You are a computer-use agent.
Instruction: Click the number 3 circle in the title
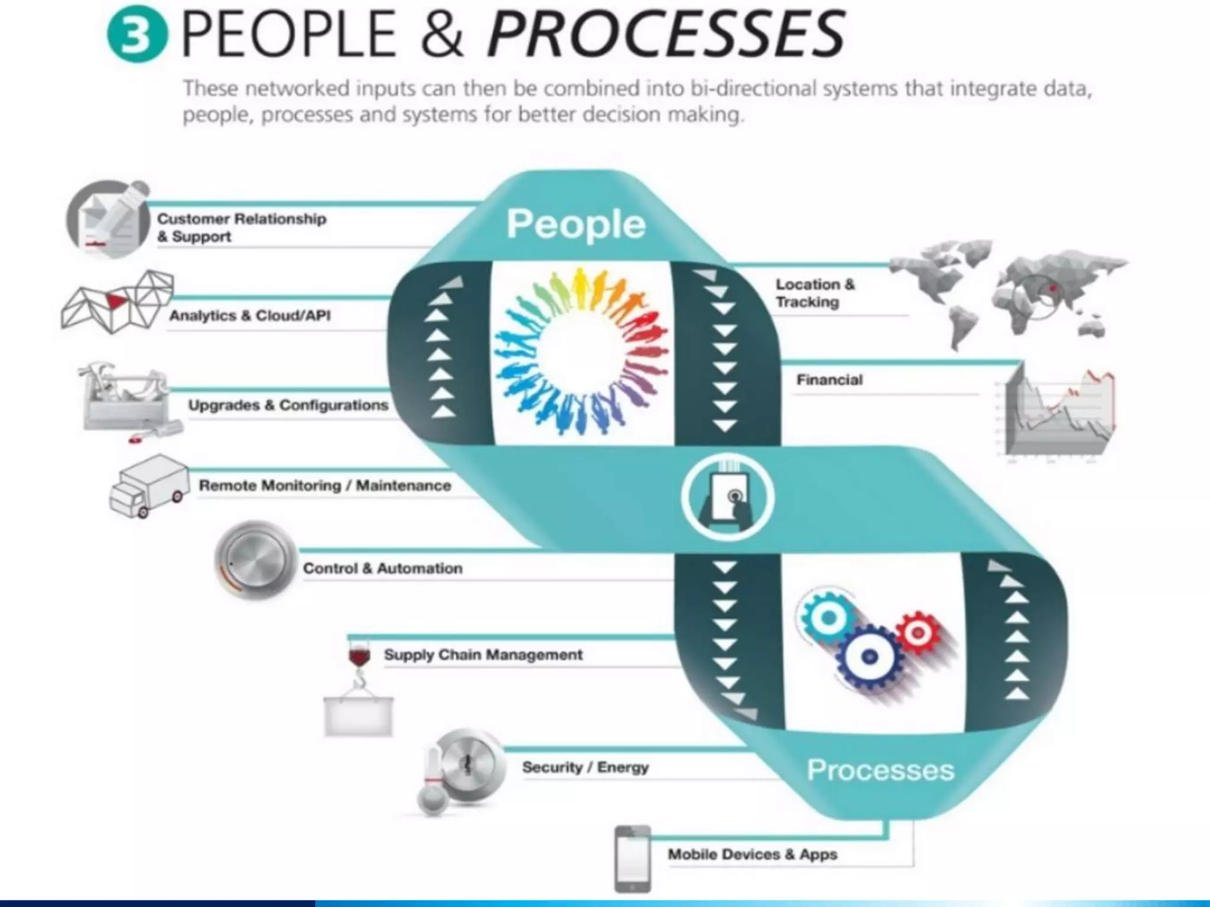[137, 34]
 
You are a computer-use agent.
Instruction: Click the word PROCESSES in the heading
[666, 34]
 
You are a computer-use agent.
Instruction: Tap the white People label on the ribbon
[575, 224]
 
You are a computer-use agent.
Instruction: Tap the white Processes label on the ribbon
[880, 770]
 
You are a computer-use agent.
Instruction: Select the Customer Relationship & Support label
[241, 227]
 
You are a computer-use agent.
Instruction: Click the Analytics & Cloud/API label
[250, 315]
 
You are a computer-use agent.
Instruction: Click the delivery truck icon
[148, 485]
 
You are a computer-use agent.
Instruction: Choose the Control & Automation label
[382, 569]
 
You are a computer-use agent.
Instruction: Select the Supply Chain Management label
[483, 654]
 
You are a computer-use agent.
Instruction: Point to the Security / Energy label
[585, 767]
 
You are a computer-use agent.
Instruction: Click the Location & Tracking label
[815, 293]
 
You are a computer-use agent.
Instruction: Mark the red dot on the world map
[1052, 289]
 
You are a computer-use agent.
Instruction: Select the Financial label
[829, 380]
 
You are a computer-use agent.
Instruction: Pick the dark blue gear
[869, 657]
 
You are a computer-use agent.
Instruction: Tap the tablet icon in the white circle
[727, 497]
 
